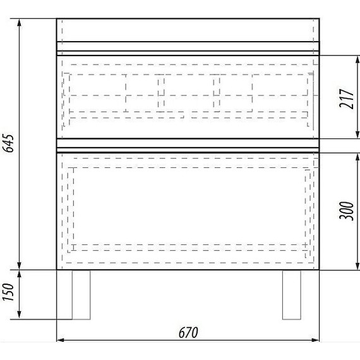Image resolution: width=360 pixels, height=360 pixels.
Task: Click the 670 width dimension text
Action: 188,332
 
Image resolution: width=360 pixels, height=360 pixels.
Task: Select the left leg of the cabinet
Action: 81,294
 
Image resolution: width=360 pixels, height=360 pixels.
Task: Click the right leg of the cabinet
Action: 291,294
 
